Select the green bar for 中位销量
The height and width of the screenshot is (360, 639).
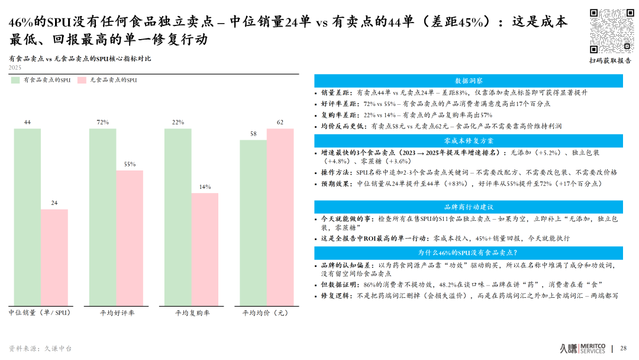coord(27,217)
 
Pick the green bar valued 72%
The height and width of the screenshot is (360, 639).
coord(102,217)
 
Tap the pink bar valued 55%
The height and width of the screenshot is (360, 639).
coord(130,237)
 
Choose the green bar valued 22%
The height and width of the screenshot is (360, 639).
coord(177,217)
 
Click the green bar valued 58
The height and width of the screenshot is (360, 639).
coord(253,223)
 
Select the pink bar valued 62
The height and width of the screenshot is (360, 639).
coord(280,217)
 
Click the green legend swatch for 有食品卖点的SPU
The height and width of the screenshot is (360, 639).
coord(15,80)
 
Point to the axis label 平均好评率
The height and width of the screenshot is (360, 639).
coord(117,313)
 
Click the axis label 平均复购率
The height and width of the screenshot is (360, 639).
coord(192,313)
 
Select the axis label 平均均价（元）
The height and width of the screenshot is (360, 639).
coord(266,313)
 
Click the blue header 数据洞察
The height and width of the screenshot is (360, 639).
coord(468,81)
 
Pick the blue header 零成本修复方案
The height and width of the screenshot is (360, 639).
coord(468,141)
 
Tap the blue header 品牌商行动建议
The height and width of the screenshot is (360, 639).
coord(468,207)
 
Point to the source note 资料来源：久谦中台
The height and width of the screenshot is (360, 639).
coord(40,349)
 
